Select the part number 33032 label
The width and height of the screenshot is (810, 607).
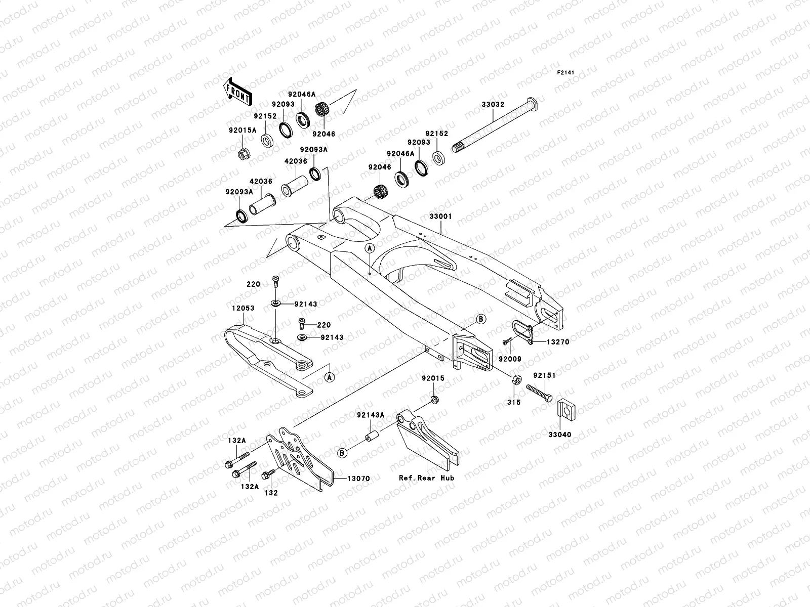coord(493,104)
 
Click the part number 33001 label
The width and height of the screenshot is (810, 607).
coord(440,216)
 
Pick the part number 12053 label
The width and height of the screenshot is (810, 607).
coord(244,308)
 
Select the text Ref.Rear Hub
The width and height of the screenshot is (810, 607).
coord(426,478)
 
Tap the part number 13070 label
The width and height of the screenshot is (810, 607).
coord(358,478)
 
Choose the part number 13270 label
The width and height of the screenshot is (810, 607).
coord(557,342)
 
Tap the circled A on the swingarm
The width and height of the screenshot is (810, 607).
coord(370,247)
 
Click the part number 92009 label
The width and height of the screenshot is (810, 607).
coord(510,359)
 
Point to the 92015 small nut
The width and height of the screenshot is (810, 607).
coord(434,400)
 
